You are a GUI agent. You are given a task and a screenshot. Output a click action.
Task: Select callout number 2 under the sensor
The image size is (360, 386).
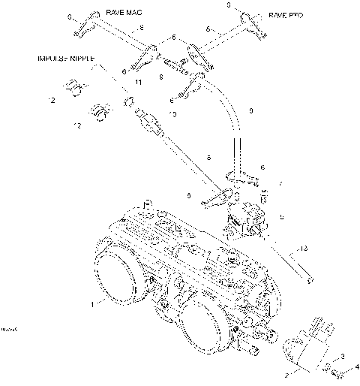point(286,372)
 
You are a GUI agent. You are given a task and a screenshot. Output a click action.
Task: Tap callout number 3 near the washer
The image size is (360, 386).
point(343,356)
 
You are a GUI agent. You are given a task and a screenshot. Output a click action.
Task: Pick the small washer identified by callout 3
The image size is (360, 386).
point(328,366)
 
